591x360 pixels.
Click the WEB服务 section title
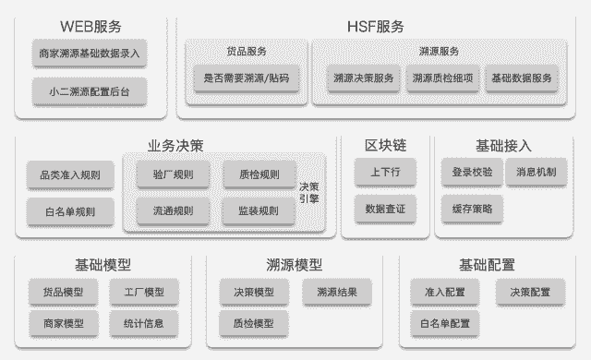coord(90,26)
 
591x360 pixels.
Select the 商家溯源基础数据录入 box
coord(90,54)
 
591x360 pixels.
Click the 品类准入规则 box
coord(70,174)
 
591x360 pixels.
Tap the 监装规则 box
coord(259,210)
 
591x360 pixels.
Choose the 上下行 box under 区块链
coord(385,172)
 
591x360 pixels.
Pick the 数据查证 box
coord(385,209)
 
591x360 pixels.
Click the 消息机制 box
coord(537,172)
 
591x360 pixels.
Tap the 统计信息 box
coord(143,323)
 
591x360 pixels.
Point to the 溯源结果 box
coord(337,293)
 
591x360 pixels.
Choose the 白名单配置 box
coord(444,323)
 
